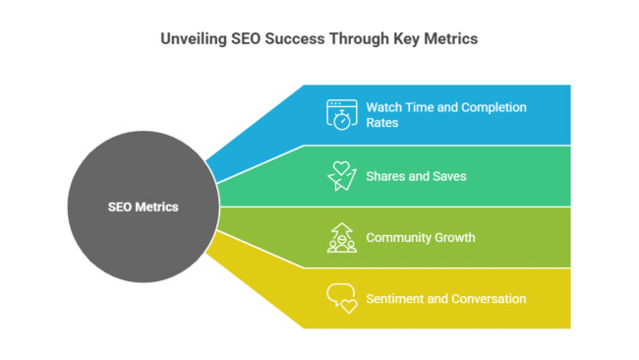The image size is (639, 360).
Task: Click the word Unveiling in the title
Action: pos(194,39)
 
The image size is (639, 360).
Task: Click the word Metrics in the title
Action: pos(452,39)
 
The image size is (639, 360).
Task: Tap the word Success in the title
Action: pos(293,39)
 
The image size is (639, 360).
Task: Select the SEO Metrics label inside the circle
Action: pos(144,208)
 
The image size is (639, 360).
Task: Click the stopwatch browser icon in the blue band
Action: pos(341,114)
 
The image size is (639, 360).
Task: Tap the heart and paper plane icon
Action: pos(341,176)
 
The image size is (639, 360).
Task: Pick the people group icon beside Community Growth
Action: pos(341,237)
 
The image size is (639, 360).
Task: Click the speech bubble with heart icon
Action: pos(341,298)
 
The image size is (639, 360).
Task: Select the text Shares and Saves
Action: pos(416,176)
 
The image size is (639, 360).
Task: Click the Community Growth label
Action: pos(421,237)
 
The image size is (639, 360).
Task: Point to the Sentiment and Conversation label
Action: pos(445,298)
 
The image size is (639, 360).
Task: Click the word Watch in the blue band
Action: pos(384,107)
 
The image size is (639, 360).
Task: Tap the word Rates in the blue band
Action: pos(382,123)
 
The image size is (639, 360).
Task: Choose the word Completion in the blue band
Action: pos(494,107)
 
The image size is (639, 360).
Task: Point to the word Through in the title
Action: pos(358,39)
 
